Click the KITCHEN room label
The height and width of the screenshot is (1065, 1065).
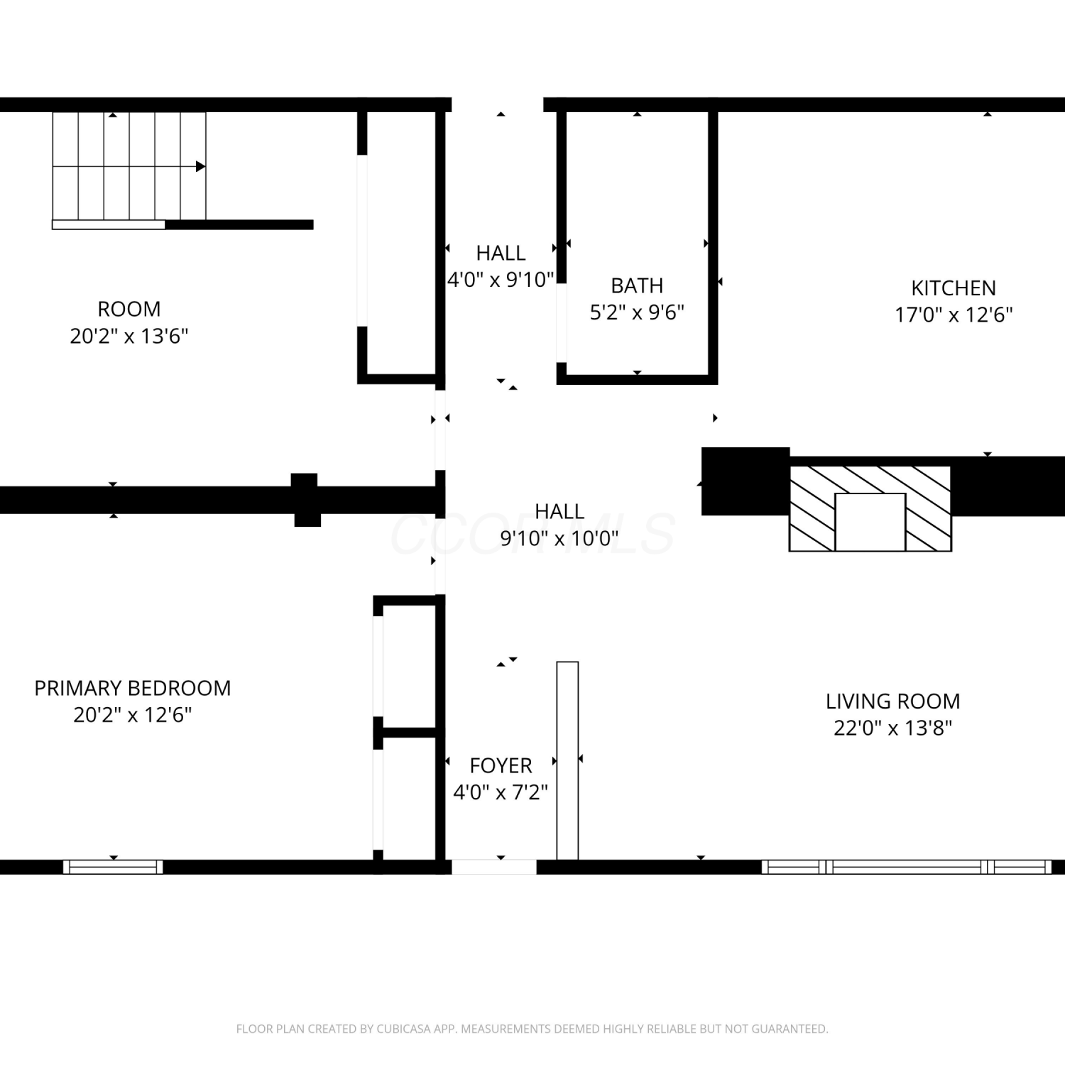click(x=954, y=288)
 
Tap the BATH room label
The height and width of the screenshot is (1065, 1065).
click(x=637, y=285)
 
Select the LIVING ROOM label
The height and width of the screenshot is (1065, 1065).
click(x=892, y=701)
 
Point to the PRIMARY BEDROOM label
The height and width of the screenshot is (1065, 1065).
click(x=133, y=688)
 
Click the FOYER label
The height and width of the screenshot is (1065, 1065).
click(x=501, y=765)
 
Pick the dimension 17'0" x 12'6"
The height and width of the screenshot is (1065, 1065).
click(x=954, y=315)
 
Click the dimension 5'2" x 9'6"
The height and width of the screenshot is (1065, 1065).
click(x=637, y=312)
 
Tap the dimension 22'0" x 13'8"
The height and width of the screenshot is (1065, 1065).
click(x=892, y=728)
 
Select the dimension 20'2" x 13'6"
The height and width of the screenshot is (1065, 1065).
click(x=129, y=336)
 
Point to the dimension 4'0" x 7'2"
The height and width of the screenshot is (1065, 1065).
click(x=501, y=792)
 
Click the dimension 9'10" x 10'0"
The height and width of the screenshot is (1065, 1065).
click(x=559, y=538)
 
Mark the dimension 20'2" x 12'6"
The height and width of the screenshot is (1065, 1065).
click(x=133, y=714)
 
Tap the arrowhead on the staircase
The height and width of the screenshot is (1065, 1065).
click(x=201, y=166)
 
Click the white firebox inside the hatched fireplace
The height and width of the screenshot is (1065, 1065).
click(x=870, y=522)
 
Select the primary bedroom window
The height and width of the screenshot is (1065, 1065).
click(x=113, y=867)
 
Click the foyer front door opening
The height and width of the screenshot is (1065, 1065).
click(x=494, y=867)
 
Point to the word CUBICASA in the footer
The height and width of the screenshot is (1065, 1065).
click(x=407, y=1029)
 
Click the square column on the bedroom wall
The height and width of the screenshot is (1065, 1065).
click(x=306, y=500)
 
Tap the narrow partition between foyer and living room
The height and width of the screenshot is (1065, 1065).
click(x=567, y=760)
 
